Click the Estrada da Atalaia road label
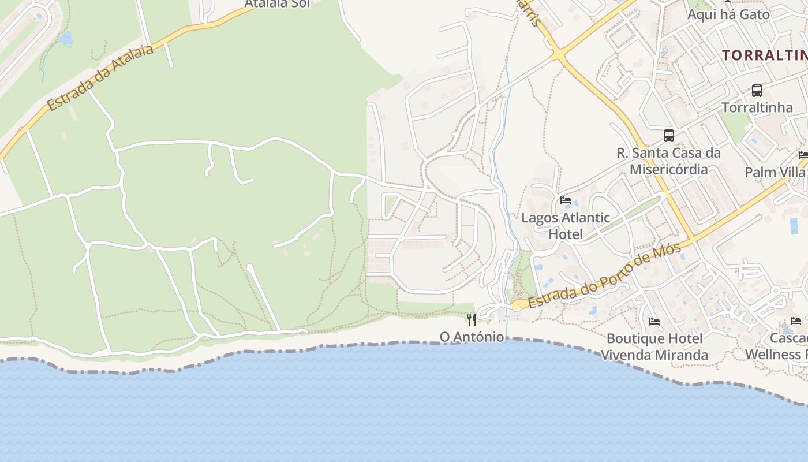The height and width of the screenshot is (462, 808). (x=101, y=77)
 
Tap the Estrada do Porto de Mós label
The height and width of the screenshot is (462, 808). (x=604, y=275)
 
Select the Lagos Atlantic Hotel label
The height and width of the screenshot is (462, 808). (x=566, y=226)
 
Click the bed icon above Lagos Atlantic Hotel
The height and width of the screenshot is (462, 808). (x=566, y=200)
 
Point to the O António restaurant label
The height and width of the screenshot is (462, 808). (x=472, y=336)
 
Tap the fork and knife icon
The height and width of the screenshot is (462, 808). (x=472, y=319)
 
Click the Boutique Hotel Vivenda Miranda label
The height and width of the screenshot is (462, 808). (x=654, y=346)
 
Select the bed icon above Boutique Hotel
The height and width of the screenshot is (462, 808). (x=654, y=321)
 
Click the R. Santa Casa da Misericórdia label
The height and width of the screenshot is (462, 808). (x=668, y=161)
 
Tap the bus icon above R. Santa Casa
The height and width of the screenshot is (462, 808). (x=668, y=136)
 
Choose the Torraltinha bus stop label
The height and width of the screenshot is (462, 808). (x=757, y=107)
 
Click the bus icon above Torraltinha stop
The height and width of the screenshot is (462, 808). (x=757, y=91)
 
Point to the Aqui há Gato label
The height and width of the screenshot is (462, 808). (x=728, y=14)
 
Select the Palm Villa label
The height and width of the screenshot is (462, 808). (x=775, y=172)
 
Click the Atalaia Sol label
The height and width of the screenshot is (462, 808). (x=277, y=3)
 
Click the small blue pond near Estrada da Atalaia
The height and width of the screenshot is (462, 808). (x=66, y=39)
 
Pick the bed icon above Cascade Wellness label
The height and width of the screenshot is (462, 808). (x=796, y=321)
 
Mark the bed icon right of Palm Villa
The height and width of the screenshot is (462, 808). (x=803, y=155)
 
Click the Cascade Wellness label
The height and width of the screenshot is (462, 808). (x=776, y=346)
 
